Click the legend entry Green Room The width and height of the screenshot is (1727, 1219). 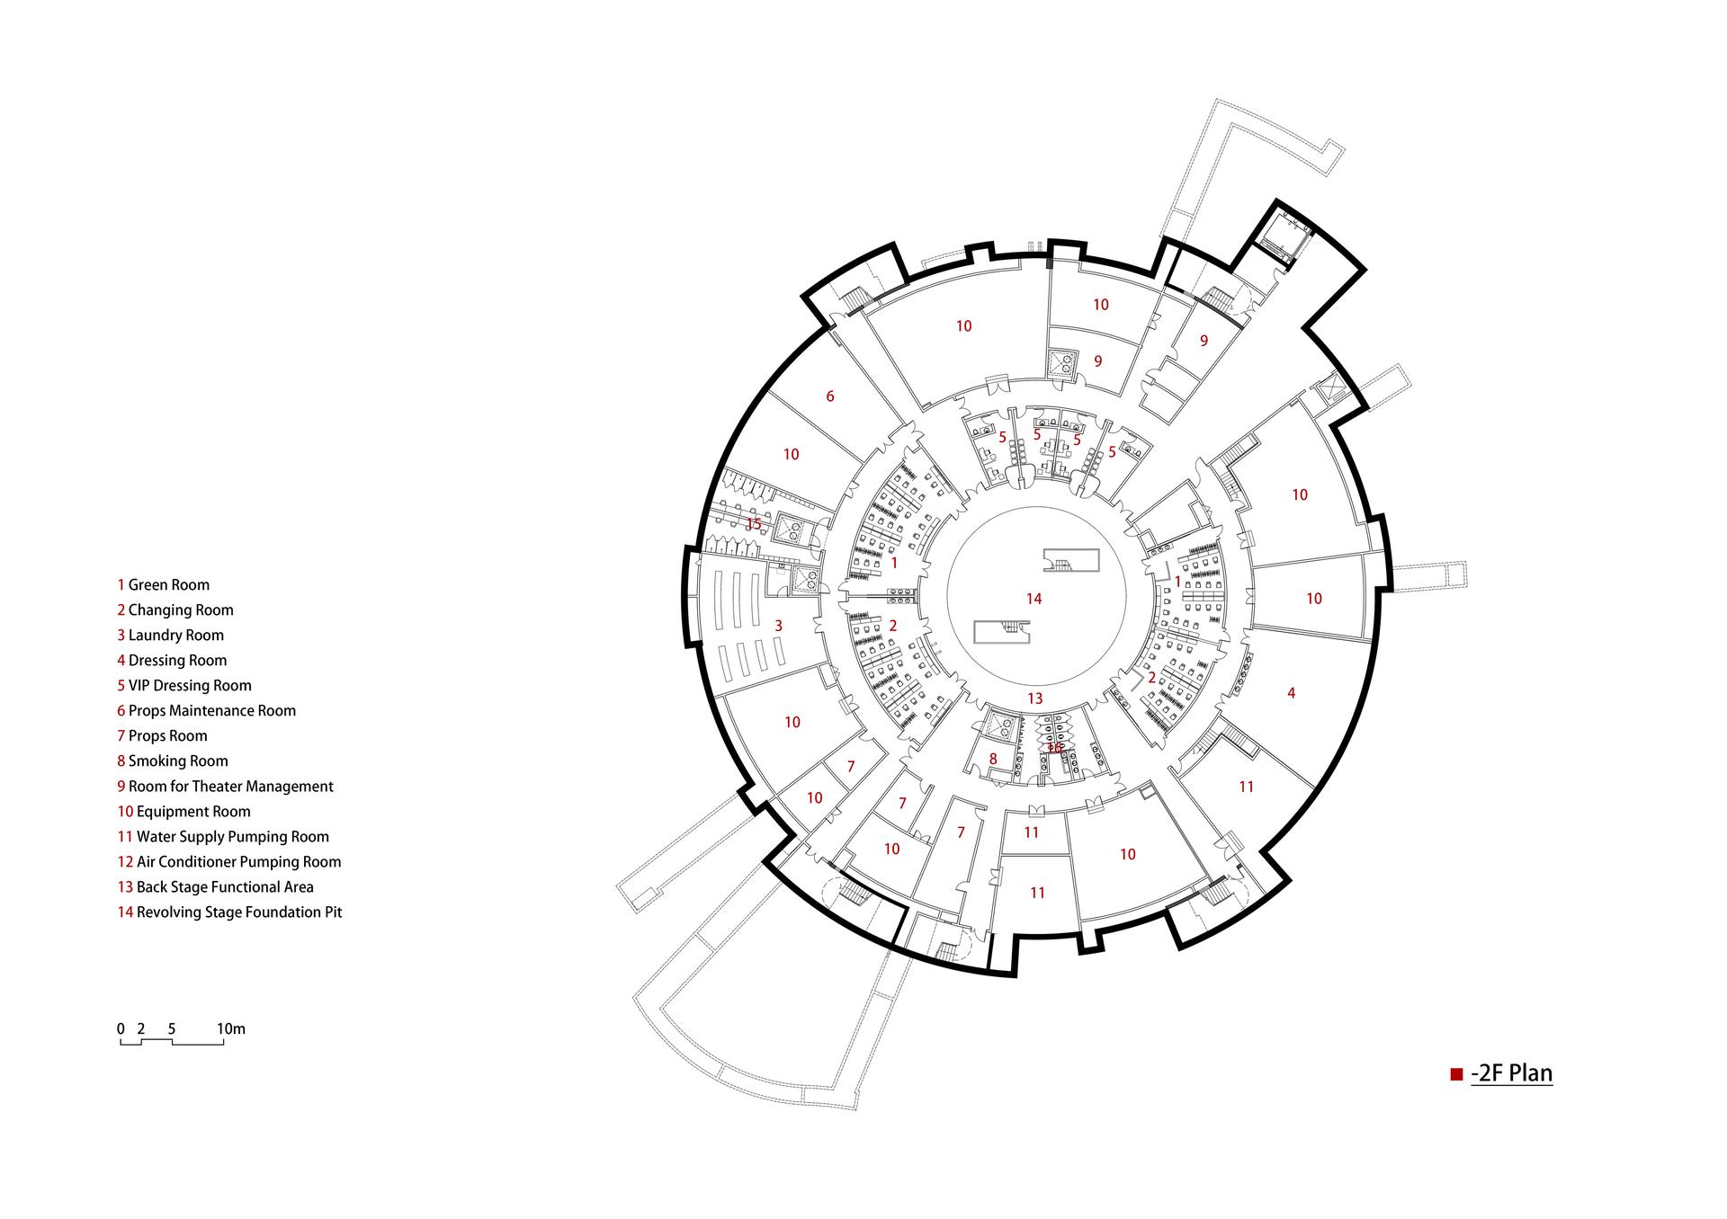pyautogui.click(x=164, y=584)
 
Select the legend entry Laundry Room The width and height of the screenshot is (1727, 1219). pyautogui.click(x=171, y=635)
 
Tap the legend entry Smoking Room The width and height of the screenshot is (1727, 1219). pyautogui.click(x=173, y=761)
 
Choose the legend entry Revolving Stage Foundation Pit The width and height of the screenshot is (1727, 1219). pyautogui.click(x=230, y=912)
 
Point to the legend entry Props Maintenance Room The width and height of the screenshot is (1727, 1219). pyautogui.click(x=207, y=710)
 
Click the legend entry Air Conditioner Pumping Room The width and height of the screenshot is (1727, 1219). pyautogui.click(x=229, y=861)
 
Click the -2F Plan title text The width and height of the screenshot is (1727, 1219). pyautogui.click(x=1511, y=1073)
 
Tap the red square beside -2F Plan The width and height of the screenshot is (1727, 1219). pyautogui.click(x=1456, y=1074)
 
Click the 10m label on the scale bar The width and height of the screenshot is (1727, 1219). pyautogui.click(x=231, y=1028)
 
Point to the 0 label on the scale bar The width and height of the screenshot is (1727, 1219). pyautogui.click(x=121, y=1028)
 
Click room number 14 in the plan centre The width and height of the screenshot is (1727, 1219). pyautogui.click(x=1034, y=599)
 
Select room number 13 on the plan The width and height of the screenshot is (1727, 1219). pyautogui.click(x=1034, y=698)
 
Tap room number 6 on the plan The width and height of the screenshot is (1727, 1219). pyautogui.click(x=830, y=396)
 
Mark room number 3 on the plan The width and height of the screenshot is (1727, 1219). pyautogui.click(x=779, y=626)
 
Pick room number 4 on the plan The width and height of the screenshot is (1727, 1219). pyautogui.click(x=1292, y=693)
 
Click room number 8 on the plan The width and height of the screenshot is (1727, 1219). pyautogui.click(x=993, y=759)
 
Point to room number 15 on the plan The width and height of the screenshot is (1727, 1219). pyautogui.click(x=754, y=524)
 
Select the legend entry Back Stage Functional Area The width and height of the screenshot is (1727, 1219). pyautogui.click(x=216, y=886)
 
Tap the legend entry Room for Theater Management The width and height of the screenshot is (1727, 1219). pyautogui.click(x=226, y=786)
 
